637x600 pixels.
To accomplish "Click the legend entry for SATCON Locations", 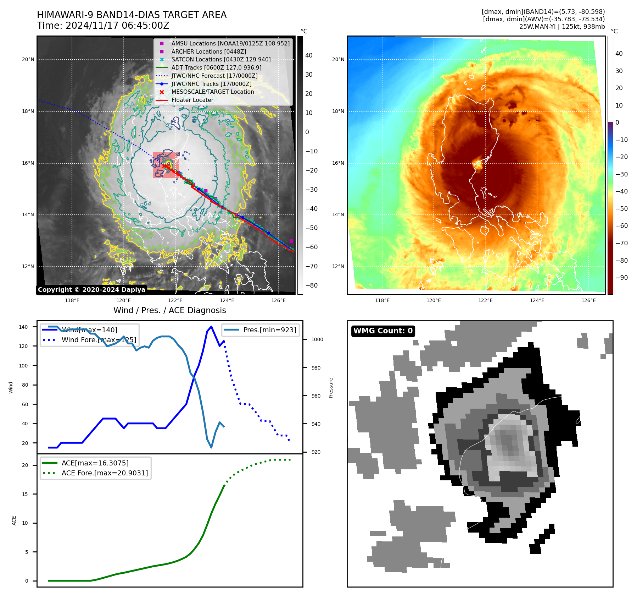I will [220, 60].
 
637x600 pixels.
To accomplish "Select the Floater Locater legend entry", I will [192, 100].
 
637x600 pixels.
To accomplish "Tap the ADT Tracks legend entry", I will [216, 67].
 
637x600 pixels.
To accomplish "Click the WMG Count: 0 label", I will [383, 331].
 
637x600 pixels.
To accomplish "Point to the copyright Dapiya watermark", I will [91, 290].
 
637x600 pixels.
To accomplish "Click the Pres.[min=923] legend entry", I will [269, 330].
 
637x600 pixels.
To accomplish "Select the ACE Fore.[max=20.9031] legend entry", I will [105, 473].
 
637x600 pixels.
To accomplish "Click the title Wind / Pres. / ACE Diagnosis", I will [169, 310].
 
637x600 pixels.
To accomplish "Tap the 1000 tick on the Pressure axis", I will [317, 339].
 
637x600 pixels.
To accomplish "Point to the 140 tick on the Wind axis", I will [23, 327].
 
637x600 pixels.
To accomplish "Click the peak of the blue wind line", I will [211, 326].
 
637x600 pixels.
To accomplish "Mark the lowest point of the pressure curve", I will [211, 447].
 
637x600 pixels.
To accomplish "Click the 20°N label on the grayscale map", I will [28, 60].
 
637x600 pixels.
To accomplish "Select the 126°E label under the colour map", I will [588, 301].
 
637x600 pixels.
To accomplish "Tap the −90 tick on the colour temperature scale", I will [621, 278].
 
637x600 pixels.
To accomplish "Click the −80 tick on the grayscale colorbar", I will [312, 285].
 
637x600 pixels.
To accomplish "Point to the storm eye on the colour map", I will [478, 164].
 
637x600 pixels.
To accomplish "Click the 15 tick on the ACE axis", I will [25, 494].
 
